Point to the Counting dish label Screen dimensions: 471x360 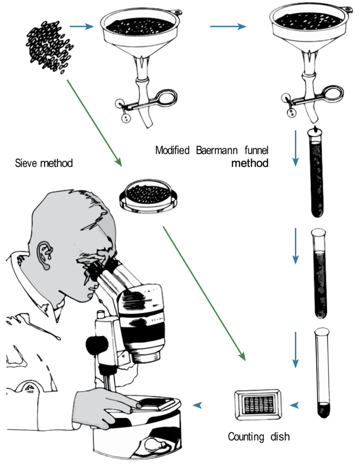click(x=259, y=437)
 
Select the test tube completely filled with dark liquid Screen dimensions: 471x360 click(x=318, y=174)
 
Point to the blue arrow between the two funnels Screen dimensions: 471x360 click(x=228, y=27)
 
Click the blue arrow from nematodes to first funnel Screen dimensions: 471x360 click(x=81, y=27)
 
